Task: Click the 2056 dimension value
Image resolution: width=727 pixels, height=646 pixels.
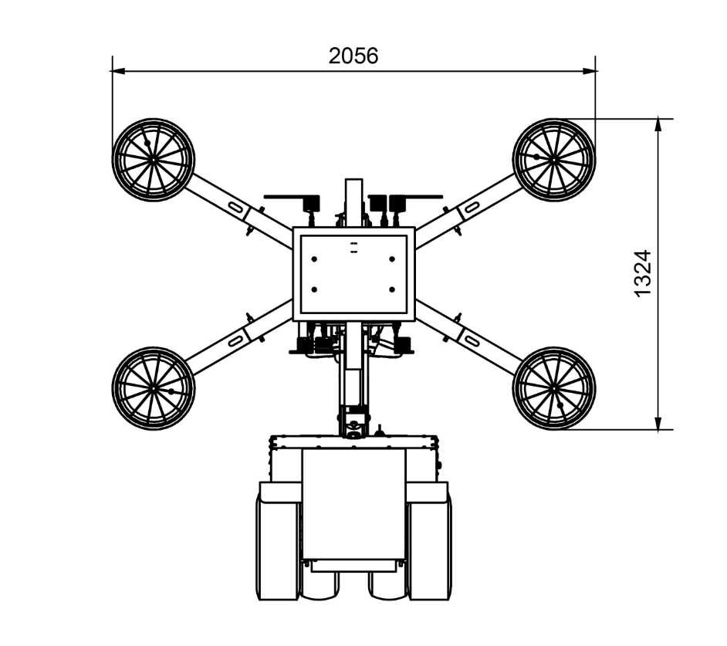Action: point(353,56)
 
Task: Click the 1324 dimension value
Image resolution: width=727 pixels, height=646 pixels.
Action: point(643,274)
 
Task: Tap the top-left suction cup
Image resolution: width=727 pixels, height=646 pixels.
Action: point(153,160)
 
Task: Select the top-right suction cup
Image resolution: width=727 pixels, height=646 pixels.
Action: point(553,160)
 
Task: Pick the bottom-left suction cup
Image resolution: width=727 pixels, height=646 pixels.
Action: point(153,389)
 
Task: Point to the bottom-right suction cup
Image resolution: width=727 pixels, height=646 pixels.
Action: point(553,389)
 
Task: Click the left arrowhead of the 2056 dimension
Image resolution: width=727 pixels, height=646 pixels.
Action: point(119,71)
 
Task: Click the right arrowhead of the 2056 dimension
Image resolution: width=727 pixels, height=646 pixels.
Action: point(589,71)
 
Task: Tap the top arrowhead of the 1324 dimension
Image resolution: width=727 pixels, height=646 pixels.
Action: point(658,125)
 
